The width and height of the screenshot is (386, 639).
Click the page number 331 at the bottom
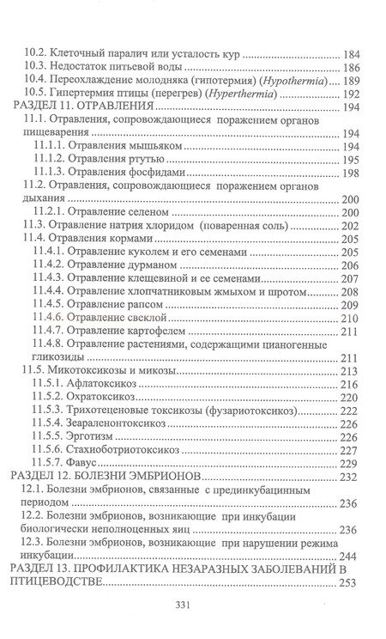click(193, 603)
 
